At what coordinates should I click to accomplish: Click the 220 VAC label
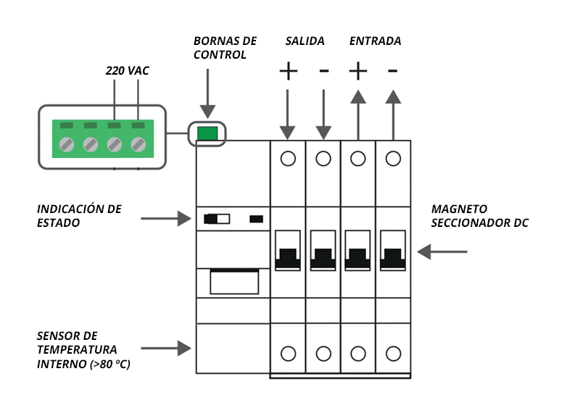[128, 72]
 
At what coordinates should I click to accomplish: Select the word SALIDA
[305, 41]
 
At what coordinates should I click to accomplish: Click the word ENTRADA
[375, 41]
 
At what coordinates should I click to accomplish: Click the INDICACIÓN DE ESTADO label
[79, 216]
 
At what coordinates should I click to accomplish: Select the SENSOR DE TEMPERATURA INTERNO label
[83, 350]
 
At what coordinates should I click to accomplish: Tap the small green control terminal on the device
[208, 133]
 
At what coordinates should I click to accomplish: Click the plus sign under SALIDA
[289, 71]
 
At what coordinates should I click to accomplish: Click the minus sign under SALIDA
[324, 70]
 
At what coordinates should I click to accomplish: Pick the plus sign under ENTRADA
[358, 71]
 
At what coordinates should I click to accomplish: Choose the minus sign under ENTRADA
[393, 70]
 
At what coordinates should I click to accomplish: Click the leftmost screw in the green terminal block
[67, 144]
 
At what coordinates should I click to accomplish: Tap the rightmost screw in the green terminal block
[138, 144]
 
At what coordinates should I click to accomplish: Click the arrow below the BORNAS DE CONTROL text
[208, 93]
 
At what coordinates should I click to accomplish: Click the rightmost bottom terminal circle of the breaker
[393, 354]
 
